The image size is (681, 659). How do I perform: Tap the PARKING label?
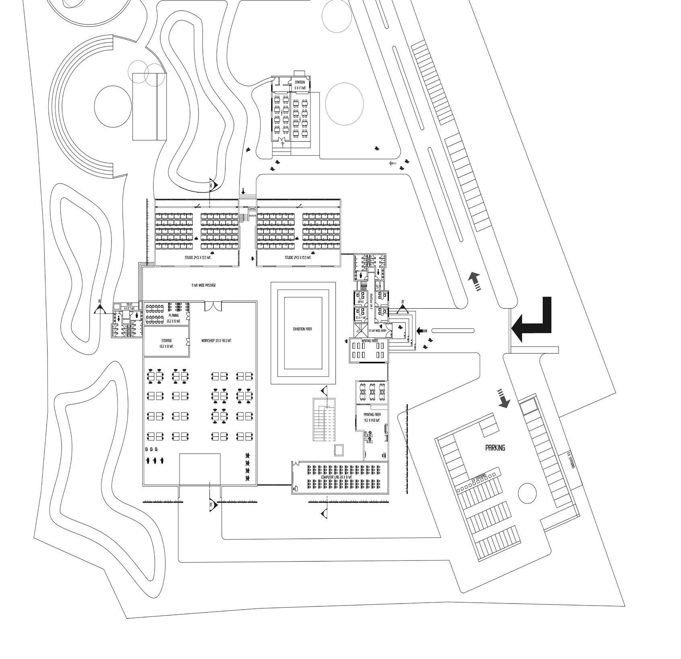[x=495, y=448]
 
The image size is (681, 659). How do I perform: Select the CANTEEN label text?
[x=300, y=82]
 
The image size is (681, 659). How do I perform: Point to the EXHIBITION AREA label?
[x=303, y=329]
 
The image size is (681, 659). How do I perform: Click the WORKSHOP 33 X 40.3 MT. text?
[x=216, y=341]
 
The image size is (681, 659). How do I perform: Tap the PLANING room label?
[x=173, y=316]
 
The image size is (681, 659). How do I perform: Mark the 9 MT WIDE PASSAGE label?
[x=204, y=285]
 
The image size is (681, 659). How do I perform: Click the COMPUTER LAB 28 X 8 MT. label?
[x=336, y=477]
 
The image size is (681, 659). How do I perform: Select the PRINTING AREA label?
[x=372, y=414]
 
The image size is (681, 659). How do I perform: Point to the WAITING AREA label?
[x=369, y=341]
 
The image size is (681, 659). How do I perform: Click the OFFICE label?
[x=361, y=302]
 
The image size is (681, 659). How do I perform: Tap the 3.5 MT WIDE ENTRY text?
[x=377, y=331]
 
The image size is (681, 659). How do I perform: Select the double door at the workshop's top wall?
[x=213, y=306]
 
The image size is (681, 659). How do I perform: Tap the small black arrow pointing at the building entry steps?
[x=421, y=331]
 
